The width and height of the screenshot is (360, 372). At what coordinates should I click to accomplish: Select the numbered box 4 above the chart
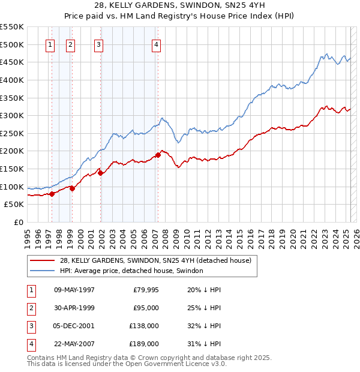[156, 44]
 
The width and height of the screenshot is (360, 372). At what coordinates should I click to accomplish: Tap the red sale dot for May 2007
[158, 155]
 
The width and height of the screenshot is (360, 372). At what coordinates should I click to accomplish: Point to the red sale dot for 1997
[52, 193]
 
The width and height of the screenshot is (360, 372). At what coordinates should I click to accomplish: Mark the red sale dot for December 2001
[101, 173]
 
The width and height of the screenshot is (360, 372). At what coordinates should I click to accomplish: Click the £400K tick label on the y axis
[12, 80]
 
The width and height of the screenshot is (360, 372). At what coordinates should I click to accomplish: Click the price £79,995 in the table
[143, 290]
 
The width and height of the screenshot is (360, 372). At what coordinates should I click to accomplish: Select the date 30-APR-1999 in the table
[74, 308]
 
